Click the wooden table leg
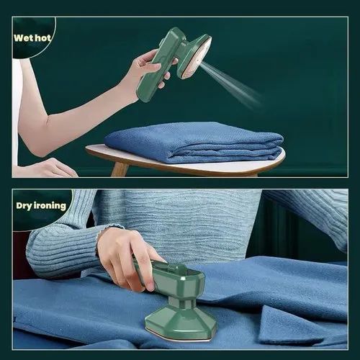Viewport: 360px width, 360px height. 120,170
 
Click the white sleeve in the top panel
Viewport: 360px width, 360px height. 17,108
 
